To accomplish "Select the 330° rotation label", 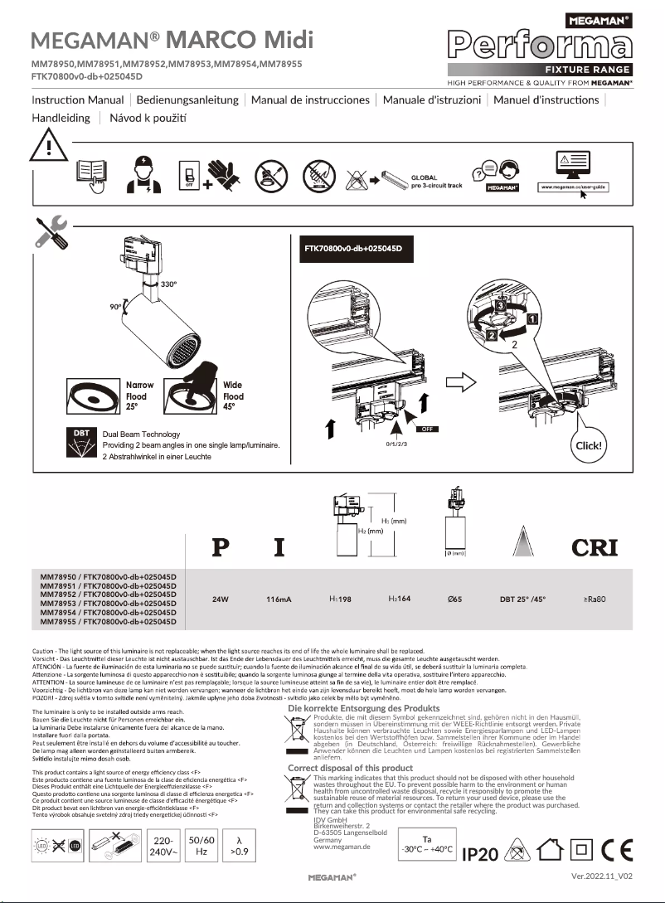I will coord(169,284).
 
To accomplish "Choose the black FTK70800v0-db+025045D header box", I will coord(353,249).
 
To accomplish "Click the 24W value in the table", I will coord(221,598).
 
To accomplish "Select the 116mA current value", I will coord(279,598).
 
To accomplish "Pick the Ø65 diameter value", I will coord(455,598).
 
